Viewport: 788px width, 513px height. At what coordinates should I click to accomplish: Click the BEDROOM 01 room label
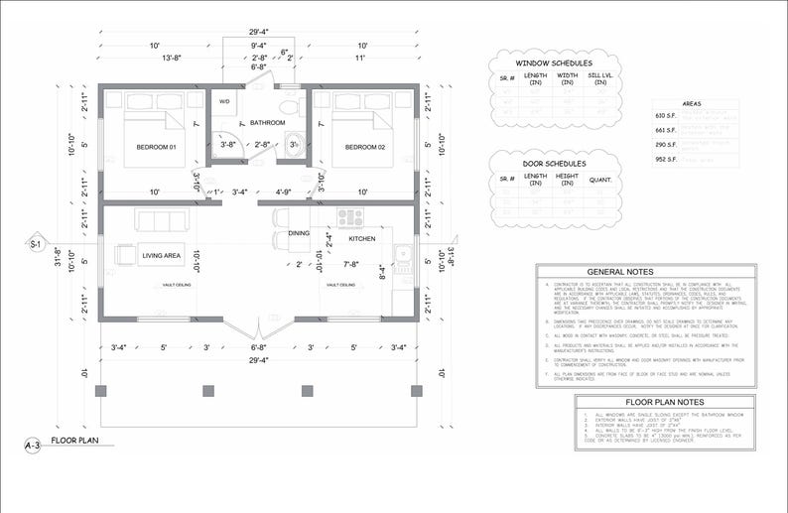pyautogui.click(x=156, y=147)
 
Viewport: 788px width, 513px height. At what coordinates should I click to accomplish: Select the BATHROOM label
pyautogui.click(x=267, y=123)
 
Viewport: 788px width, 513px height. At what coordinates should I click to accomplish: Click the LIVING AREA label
pyautogui.click(x=161, y=256)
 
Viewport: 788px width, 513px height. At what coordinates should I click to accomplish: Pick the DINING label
pyautogui.click(x=299, y=233)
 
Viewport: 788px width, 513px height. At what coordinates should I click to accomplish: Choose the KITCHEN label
pyautogui.click(x=360, y=239)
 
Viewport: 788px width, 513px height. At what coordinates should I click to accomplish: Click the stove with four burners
pyautogui.click(x=349, y=216)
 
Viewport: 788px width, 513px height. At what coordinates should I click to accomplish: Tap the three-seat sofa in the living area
pyautogui.click(x=159, y=220)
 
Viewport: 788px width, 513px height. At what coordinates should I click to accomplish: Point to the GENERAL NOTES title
pyautogui.click(x=619, y=272)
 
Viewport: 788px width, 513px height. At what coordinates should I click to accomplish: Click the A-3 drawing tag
pyautogui.click(x=33, y=446)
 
